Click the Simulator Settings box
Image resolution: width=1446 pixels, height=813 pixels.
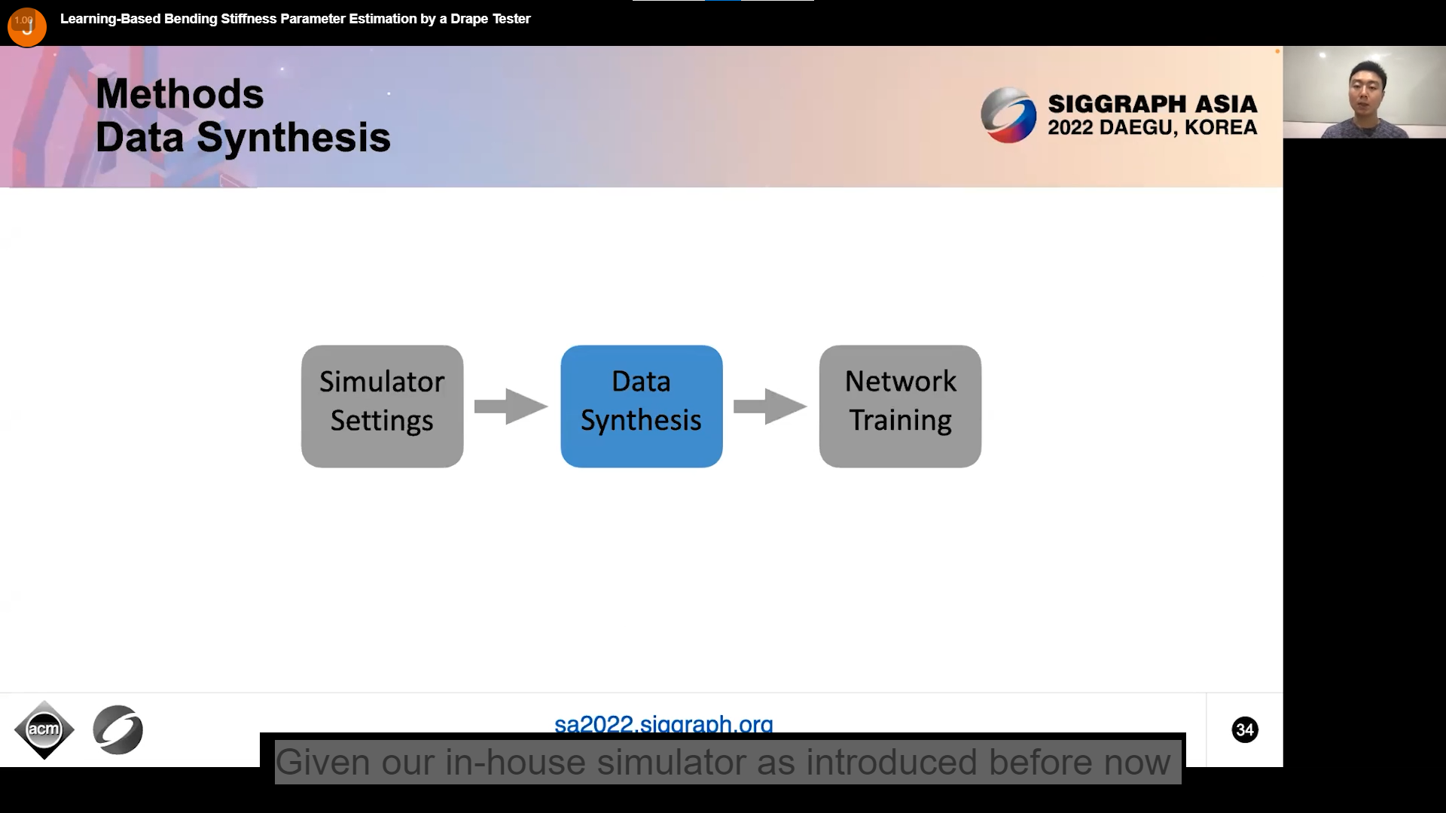pyautogui.click(x=382, y=406)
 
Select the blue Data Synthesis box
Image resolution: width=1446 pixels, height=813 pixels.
pyautogui.click(x=641, y=406)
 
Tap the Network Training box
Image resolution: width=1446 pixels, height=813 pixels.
pyautogui.click(x=900, y=406)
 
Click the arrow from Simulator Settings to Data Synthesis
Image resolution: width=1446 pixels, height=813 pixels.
pyautogui.click(x=511, y=406)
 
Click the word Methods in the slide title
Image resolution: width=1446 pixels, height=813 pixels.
pyautogui.click(x=180, y=94)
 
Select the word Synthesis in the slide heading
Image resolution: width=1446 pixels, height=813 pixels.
pyautogui.click(x=294, y=138)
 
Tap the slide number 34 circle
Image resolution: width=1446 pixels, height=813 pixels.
pyautogui.click(x=1244, y=729)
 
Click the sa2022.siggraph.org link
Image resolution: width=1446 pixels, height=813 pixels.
pyautogui.click(x=664, y=724)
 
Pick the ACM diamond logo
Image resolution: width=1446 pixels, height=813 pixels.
pyautogui.click(x=44, y=729)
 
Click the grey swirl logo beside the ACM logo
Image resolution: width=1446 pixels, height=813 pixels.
pyautogui.click(x=118, y=729)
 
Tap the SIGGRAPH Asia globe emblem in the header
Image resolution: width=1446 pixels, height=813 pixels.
pyautogui.click(x=1008, y=115)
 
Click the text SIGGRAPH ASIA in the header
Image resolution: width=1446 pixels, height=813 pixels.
pyautogui.click(x=1152, y=104)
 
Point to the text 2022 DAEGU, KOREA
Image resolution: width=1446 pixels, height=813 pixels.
pyautogui.click(x=1152, y=128)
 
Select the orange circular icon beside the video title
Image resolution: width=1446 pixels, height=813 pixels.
pyautogui.click(x=26, y=26)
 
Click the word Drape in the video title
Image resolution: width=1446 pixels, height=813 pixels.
pyautogui.click(x=468, y=19)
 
